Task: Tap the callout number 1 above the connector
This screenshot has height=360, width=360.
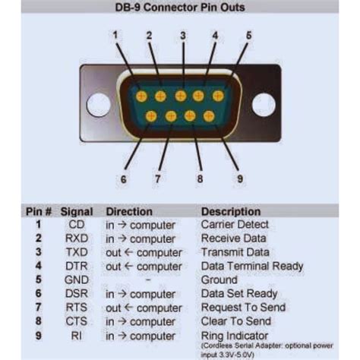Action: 116,34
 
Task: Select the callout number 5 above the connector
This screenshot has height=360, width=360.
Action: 248,34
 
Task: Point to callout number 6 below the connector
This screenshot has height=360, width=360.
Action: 122,179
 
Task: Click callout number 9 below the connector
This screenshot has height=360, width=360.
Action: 241,179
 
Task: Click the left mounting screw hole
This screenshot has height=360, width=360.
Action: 99,105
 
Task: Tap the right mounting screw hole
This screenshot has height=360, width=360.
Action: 264,105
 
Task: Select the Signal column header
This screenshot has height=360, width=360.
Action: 77,212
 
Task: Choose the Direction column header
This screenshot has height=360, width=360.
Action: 134,212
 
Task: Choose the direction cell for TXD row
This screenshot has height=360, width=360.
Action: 144,252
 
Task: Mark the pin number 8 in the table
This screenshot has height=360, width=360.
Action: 36,321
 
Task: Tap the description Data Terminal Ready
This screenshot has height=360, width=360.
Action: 251,266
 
